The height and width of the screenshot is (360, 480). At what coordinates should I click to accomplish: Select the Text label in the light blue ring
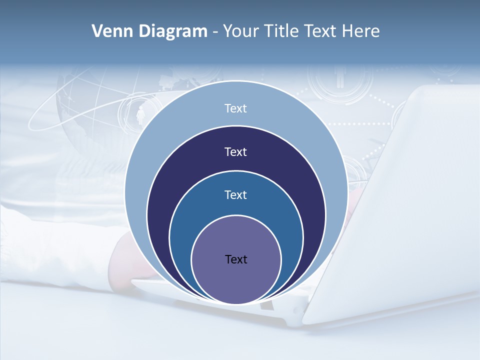[x=235, y=108]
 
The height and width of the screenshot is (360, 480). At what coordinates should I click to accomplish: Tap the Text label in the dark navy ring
[x=235, y=152]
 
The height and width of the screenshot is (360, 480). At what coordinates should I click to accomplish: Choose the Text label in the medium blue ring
[x=235, y=195]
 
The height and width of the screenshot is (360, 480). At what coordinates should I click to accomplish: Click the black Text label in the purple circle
[x=236, y=259]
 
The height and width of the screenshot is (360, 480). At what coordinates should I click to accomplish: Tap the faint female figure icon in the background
[x=140, y=115]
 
